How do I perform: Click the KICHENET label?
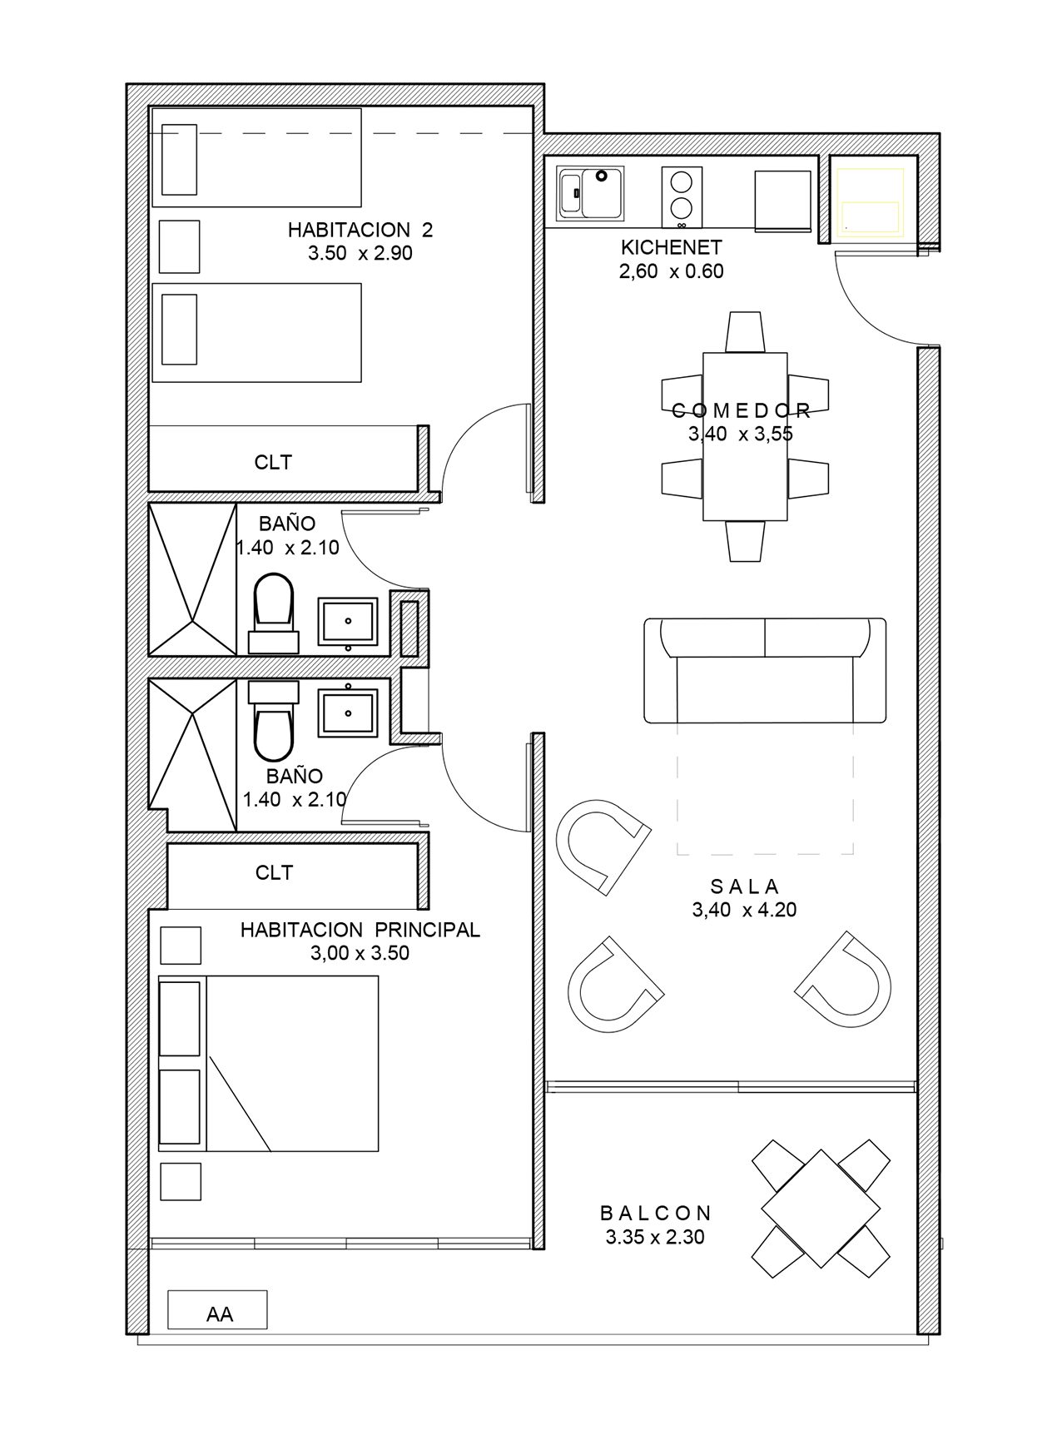tap(671, 247)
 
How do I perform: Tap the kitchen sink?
tap(591, 193)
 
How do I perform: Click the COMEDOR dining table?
tap(745, 436)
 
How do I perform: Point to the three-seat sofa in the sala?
tap(765, 670)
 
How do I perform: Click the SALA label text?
tap(744, 886)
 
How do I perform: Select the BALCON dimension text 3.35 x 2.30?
tap(655, 1238)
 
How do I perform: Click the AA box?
tap(217, 1309)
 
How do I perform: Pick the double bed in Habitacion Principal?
tap(268, 1064)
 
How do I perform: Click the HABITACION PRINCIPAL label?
tap(360, 930)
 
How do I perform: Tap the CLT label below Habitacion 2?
tap(274, 462)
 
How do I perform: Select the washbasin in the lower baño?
tap(348, 709)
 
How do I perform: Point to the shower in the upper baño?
tap(192, 578)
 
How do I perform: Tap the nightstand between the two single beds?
tap(179, 246)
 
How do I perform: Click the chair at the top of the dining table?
tap(745, 332)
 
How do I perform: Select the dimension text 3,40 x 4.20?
tap(744, 910)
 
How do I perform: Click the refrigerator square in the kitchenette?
tap(782, 200)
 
